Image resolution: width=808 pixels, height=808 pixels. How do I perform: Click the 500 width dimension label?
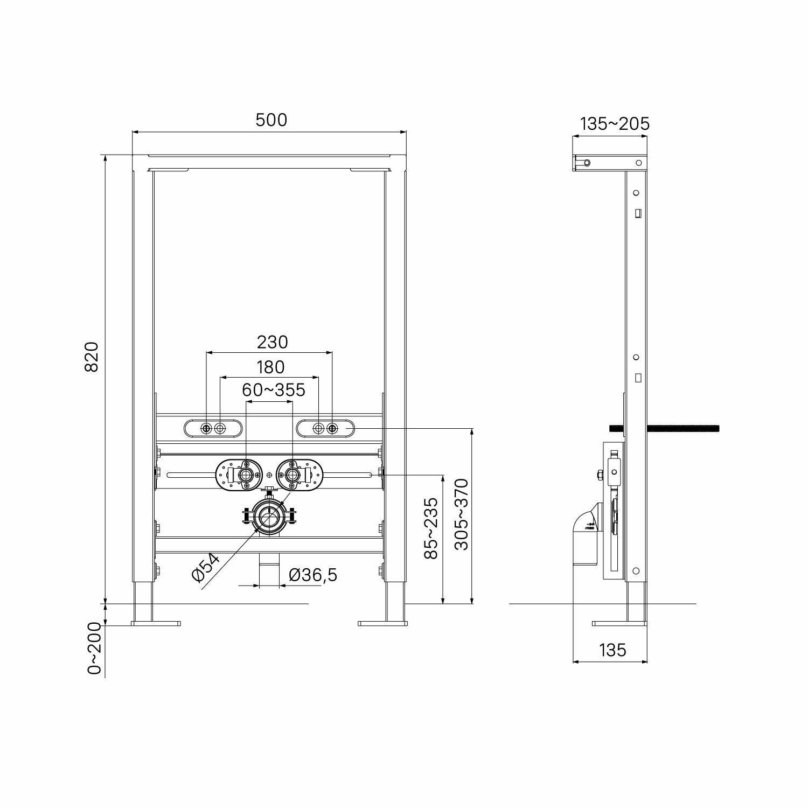tap(271, 120)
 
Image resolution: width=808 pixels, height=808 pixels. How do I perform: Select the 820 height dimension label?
tap(92, 356)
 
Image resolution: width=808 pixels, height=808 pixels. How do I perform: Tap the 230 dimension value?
tap(272, 342)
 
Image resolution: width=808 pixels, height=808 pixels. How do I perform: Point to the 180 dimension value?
tap(270, 367)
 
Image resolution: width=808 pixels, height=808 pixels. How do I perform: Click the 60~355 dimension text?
tap(273, 389)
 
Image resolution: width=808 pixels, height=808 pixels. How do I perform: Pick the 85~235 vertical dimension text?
tap(431, 528)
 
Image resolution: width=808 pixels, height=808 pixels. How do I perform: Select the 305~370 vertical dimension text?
tap(462, 514)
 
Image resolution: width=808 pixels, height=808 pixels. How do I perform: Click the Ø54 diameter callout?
tap(206, 567)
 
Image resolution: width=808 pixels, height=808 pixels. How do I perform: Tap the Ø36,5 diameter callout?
tap(313, 575)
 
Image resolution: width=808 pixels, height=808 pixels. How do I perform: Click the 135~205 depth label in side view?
tap(615, 124)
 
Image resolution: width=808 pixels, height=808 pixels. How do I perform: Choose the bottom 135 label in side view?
tap(612, 650)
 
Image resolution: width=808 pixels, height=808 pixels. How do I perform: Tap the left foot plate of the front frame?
tap(156, 624)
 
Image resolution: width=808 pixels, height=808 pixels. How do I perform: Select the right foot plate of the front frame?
tap(382, 624)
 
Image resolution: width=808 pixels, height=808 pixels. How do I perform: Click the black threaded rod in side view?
tap(684, 429)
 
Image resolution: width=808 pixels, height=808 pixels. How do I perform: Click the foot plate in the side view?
tap(619, 624)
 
